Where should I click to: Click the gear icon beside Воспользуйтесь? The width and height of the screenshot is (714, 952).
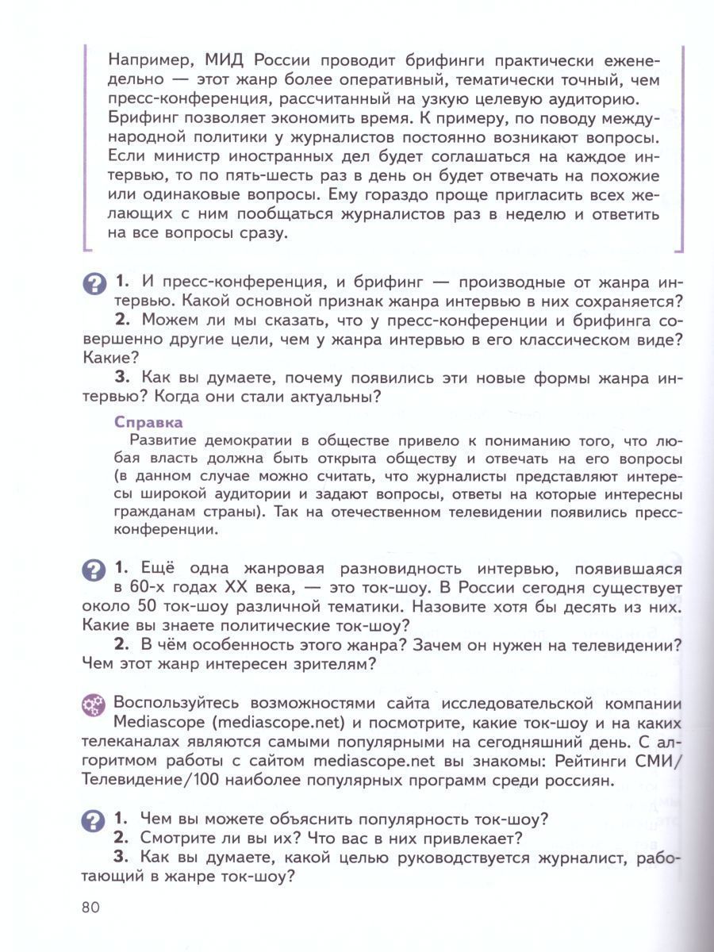[x=93, y=704]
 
